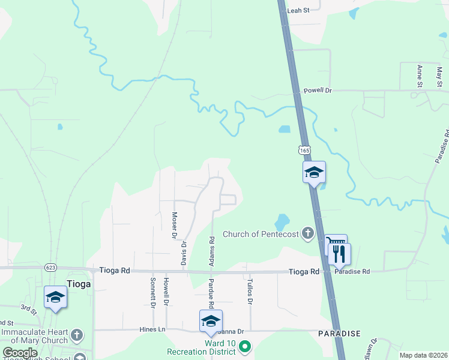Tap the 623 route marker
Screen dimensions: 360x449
coord(50,268)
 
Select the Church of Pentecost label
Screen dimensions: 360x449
coord(261,234)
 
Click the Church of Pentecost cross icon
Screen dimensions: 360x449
coord(308,233)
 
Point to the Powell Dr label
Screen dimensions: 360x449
coord(318,91)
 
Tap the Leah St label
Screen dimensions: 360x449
coord(298,11)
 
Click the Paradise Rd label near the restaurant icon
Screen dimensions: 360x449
coord(354,271)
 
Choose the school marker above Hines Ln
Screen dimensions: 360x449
coord(211,320)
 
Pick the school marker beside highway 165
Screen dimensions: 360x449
coord(313,172)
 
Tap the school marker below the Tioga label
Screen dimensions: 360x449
coord(55,296)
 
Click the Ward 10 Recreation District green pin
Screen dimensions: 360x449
coord(244,346)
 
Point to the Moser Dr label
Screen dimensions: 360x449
coord(175,225)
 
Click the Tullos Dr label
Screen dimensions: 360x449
coord(249,291)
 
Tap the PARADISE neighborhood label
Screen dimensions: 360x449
coord(339,333)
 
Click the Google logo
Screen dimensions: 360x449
coord(20,353)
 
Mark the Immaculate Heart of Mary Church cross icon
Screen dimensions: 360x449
coord(77,334)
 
